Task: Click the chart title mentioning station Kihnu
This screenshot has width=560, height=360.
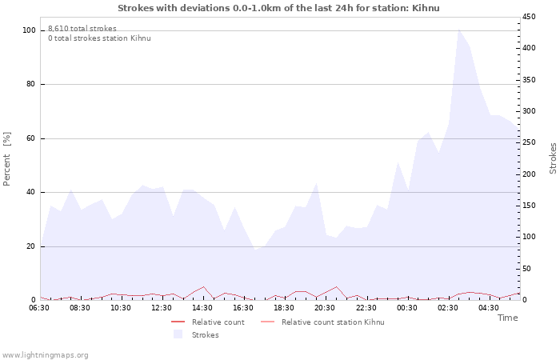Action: (278, 8)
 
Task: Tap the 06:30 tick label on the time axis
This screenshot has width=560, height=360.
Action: (39, 308)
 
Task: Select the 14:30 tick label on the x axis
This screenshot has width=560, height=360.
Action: (202, 308)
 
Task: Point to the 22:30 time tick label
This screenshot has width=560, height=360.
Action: (366, 308)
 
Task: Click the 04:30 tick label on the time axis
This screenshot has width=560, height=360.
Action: (488, 308)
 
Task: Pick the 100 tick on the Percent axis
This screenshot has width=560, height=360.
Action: (29, 30)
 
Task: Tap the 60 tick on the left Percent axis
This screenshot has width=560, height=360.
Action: (31, 138)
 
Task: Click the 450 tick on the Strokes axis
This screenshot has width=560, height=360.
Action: (529, 17)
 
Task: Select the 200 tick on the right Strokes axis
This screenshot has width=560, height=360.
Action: (529, 174)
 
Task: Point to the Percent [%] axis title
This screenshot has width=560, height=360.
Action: (8, 158)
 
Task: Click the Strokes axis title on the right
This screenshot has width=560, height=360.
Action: (553, 158)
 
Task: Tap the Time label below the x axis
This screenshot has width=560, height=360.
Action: (507, 318)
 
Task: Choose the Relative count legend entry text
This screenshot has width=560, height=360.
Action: (218, 322)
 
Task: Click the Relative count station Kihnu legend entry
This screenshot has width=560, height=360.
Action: (333, 322)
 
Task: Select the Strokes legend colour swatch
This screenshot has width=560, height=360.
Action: (178, 334)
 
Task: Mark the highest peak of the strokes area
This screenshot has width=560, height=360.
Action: (458, 30)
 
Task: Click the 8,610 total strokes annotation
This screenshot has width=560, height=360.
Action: (82, 29)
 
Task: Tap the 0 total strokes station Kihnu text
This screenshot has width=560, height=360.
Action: (98, 38)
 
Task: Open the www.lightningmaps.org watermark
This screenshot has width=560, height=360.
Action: (45, 355)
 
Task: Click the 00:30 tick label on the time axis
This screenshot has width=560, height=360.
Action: (406, 308)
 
